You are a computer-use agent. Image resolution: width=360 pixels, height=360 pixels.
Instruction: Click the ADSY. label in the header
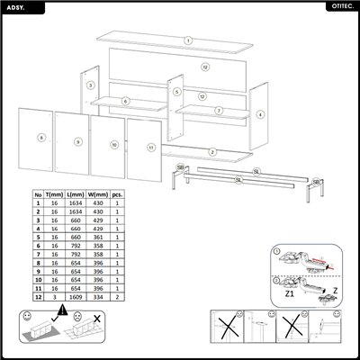(x=16, y=5)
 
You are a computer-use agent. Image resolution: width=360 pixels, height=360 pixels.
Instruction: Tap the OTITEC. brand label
(x=341, y=5)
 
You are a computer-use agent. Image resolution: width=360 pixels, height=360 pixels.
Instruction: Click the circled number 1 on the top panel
(x=187, y=40)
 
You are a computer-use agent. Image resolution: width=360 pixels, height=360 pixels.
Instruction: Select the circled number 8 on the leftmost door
(x=41, y=138)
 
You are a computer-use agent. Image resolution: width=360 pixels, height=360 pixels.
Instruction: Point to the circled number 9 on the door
(x=78, y=141)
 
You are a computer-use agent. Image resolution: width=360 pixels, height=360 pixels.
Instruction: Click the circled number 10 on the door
(x=115, y=144)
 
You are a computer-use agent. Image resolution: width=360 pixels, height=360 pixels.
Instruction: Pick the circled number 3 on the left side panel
(x=91, y=85)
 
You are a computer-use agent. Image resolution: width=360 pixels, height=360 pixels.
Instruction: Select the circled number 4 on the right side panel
(x=260, y=114)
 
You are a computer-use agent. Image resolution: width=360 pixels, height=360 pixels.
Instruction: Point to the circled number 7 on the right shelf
(x=219, y=110)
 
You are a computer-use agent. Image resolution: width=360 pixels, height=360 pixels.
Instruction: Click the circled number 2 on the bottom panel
(x=212, y=151)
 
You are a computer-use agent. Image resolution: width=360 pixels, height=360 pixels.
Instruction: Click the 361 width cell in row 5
(x=100, y=237)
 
